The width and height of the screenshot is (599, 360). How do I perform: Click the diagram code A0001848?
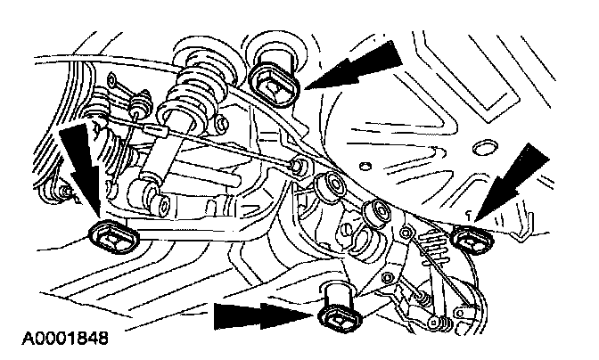point(65,339)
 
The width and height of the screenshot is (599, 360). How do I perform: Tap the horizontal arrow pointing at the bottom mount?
point(265,315)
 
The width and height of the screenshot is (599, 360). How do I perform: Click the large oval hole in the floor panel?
point(485,147)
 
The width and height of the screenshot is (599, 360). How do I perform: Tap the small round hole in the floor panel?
point(365,166)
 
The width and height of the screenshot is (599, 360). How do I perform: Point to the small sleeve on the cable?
point(155,131)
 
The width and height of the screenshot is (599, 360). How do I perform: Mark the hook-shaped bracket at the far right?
point(523,228)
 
